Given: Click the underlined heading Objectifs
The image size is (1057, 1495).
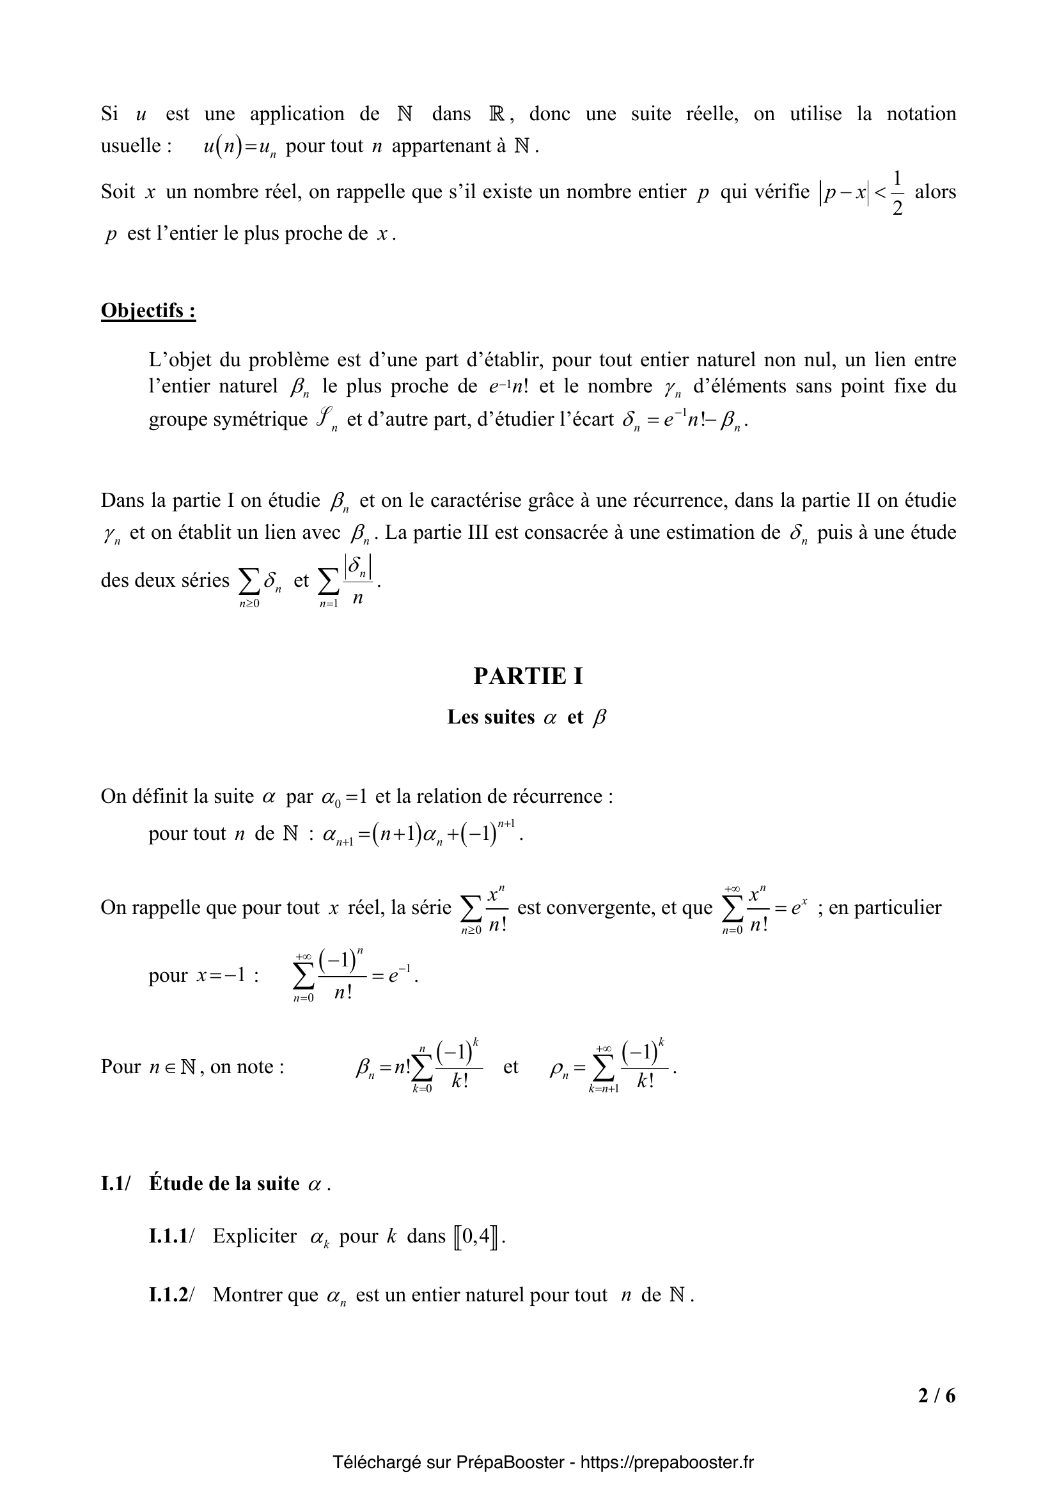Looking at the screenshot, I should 148,311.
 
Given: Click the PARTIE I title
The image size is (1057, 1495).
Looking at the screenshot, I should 528,676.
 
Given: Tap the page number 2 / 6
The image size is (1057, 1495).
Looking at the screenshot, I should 937,1395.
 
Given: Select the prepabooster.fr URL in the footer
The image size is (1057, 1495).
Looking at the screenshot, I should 667,1462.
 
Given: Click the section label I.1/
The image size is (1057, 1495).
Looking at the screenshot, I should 116,1183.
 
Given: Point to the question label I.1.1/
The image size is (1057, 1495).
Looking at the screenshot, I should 171,1236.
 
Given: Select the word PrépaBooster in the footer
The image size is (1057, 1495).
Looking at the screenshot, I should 510,1462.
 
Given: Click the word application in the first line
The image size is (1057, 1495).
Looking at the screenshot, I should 297,114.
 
